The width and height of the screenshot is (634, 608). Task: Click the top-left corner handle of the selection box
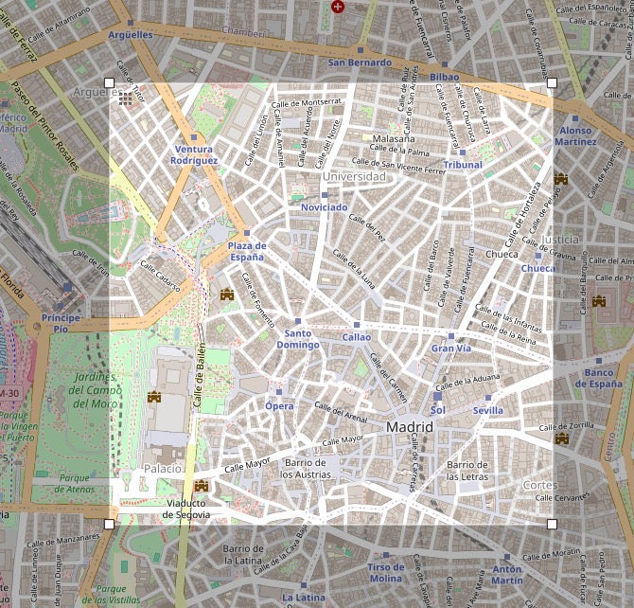109,83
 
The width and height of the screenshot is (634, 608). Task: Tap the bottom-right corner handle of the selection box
552,523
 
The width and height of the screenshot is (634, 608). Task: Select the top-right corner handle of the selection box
552,83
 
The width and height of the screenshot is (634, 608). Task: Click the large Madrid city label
410,428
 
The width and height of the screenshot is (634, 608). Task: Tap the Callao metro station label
357,337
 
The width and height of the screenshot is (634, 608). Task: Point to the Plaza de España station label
246,252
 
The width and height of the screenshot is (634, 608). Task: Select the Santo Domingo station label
297,339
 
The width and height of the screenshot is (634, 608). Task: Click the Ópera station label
278,406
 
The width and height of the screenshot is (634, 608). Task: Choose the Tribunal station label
463,165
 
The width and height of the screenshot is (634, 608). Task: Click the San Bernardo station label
360,63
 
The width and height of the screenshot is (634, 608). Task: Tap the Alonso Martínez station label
575,136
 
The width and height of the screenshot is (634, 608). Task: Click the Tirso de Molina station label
385,573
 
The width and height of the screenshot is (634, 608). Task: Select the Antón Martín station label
506,575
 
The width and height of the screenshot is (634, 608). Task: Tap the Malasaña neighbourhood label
393,138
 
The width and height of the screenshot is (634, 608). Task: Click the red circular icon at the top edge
338,7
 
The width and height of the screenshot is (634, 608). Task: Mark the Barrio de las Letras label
467,471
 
